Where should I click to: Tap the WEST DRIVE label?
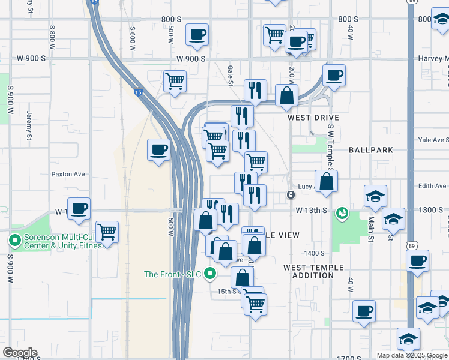313,118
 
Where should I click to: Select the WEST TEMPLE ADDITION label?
314,271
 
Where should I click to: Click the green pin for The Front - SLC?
210,274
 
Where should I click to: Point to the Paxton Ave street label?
68,174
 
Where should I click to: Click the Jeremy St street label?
29,128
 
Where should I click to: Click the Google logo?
20,353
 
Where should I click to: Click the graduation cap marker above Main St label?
375,196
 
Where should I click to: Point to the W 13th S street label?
311,211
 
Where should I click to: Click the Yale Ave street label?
433,140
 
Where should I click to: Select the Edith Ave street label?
432,186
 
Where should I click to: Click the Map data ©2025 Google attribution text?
412,355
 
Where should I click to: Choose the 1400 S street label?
314,254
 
